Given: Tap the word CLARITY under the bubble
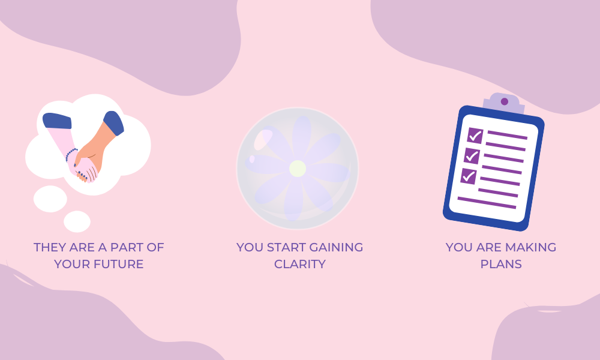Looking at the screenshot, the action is point(300,264).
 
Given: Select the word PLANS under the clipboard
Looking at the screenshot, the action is point(501,264).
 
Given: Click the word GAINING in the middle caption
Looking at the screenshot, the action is point(336,247).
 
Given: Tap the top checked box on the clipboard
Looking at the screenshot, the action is point(475,136).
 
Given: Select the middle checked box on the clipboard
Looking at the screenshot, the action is point(472,156).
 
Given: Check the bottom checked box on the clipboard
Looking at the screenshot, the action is point(469,176).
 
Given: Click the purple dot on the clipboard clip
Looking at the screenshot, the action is point(505,101).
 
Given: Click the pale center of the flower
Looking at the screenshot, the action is point(298,169).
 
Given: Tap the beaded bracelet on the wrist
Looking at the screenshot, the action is point(71,155).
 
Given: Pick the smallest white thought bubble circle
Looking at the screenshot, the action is point(77,221).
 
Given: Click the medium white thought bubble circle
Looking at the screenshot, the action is point(50,199).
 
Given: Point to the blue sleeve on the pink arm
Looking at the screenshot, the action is point(57,121).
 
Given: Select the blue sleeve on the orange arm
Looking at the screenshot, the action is point(113,123).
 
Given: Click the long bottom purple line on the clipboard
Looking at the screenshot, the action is point(487,203).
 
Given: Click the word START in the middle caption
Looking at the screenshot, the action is point(286,247).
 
